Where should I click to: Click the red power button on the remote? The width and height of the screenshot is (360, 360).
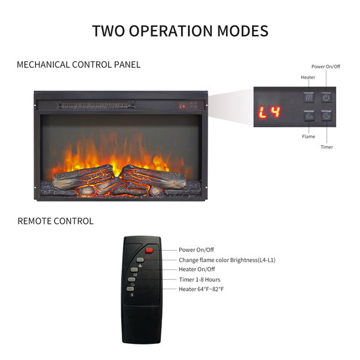pyautogui.click(x=149, y=250)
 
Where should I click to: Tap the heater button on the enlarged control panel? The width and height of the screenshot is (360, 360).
pyautogui.click(x=309, y=97)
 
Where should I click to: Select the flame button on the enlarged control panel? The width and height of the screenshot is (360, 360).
pyautogui.click(x=309, y=115)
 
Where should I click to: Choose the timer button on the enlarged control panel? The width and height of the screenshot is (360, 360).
pyautogui.click(x=326, y=115)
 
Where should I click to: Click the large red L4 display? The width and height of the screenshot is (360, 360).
pyautogui.click(x=269, y=112)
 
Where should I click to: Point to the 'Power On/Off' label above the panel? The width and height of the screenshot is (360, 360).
pyautogui.click(x=326, y=67)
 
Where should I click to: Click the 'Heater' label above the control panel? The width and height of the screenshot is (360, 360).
pyautogui.click(x=308, y=77)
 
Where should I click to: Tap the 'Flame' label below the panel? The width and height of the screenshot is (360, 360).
pyautogui.click(x=308, y=136)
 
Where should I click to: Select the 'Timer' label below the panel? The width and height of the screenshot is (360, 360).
pyautogui.click(x=327, y=147)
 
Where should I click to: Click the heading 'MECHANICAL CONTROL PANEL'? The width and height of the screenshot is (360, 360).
pyautogui.click(x=79, y=65)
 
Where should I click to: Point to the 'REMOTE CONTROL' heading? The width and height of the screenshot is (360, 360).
pyautogui.click(x=56, y=221)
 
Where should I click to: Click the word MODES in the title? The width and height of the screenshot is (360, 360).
pyautogui.click(x=242, y=31)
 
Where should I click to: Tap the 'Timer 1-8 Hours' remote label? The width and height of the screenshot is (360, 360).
pyautogui.click(x=200, y=280)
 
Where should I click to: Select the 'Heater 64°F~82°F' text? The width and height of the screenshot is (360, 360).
pyautogui.click(x=201, y=289)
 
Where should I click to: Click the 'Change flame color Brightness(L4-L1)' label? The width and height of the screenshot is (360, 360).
pyautogui.click(x=227, y=260)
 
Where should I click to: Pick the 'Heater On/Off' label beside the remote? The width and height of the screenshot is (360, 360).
pyautogui.click(x=197, y=269)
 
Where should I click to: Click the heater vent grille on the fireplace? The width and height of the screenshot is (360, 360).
pyautogui.click(x=96, y=105)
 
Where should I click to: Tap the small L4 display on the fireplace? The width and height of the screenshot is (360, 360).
pyautogui.click(x=182, y=107)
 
